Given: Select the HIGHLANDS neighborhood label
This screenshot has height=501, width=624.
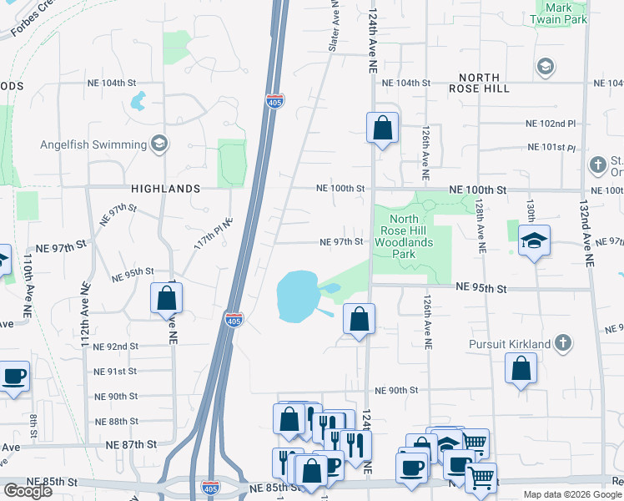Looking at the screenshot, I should [x=166, y=190].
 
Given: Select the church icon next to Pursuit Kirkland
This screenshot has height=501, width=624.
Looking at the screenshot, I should [x=564, y=343].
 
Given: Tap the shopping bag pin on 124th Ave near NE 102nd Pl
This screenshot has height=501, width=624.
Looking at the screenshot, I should [x=382, y=129].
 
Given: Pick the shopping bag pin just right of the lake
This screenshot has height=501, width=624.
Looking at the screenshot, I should [x=359, y=318].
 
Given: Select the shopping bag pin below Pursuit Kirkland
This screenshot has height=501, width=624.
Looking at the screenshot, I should [x=521, y=368].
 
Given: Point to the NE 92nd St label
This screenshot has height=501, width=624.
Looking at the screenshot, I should [x=116, y=347].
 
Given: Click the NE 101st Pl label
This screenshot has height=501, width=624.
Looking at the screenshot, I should [x=551, y=148].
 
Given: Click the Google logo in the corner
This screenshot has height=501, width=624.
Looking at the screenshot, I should [x=28, y=491].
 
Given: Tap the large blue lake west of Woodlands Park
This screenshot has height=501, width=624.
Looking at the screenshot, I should [x=296, y=296].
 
